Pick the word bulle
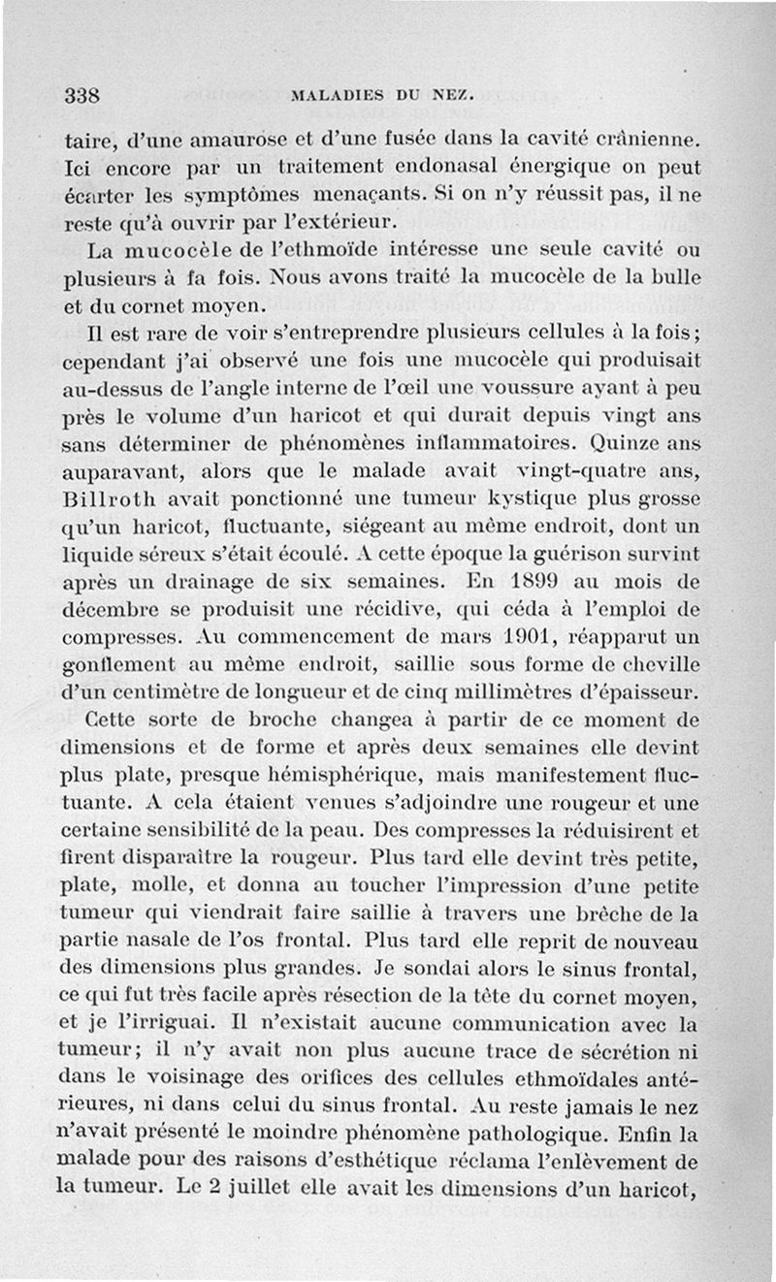[675, 281]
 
